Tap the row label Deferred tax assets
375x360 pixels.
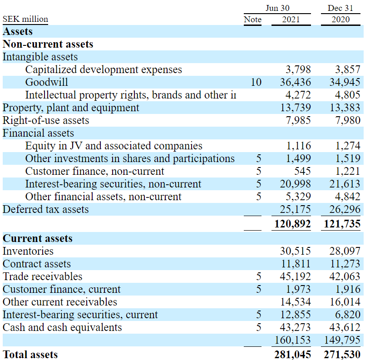point(45,209)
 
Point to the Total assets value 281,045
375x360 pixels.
point(292,355)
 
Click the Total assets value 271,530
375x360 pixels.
point(342,355)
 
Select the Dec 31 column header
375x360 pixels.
point(340,8)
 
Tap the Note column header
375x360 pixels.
point(252,20)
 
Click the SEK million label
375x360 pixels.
point(25,20)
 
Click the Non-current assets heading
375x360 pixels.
point(48,44)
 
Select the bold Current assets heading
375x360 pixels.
point(37,238)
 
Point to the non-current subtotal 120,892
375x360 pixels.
point(292,224)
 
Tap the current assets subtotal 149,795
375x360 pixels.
point(342,340)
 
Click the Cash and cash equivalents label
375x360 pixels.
point(62,327)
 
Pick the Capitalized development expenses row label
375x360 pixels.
point(104,69)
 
